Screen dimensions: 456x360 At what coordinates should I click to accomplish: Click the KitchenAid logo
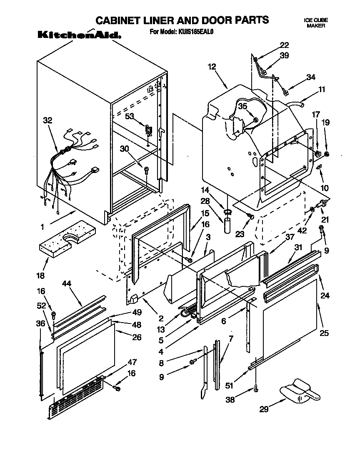(80, 35)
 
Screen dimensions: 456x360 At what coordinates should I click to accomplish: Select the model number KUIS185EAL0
(196, 32)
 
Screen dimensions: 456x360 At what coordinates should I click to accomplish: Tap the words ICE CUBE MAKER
(316, 23)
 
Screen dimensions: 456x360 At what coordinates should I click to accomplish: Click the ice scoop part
(299, 390)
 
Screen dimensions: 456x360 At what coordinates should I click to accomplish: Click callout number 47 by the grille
(132, 362)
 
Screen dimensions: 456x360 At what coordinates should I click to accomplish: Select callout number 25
(325, 333)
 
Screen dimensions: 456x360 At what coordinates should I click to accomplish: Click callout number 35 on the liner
(243, 106)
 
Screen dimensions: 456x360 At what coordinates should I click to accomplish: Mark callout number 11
(321, 89)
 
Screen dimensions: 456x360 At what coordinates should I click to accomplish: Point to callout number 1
(42, 227)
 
